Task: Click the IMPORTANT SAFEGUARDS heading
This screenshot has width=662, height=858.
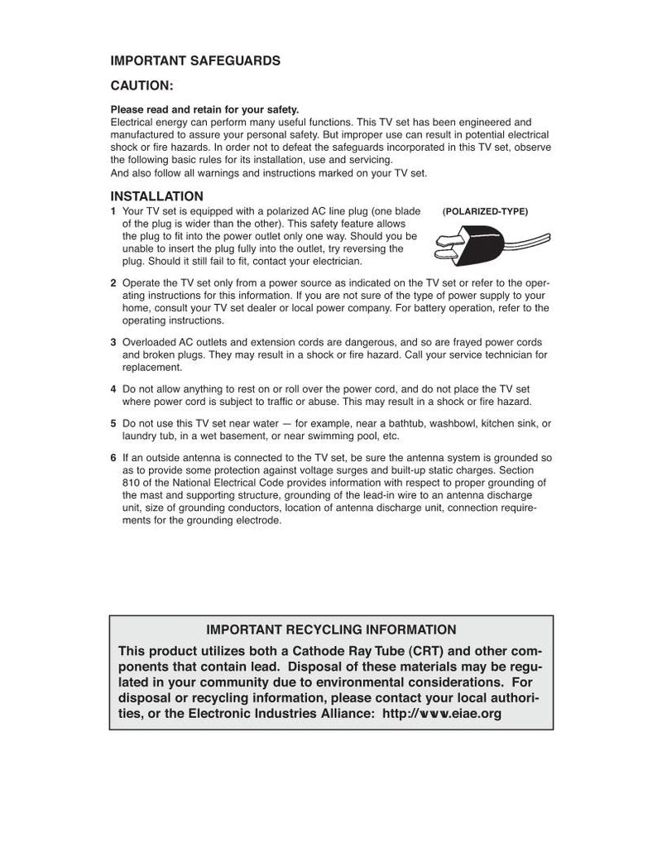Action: (195, 60)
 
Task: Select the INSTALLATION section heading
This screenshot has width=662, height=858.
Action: (157, 196)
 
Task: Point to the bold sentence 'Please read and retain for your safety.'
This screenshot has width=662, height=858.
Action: (204, 109)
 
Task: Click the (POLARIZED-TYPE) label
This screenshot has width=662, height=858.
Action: (485, 211)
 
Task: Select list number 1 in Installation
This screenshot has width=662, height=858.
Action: (113, 211)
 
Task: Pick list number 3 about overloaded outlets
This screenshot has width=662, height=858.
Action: (113, 342)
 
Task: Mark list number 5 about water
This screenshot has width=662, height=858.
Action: (113, 423)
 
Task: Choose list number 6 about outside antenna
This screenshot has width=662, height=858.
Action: (113, 458)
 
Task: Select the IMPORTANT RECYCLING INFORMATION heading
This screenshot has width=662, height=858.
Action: (331, 630)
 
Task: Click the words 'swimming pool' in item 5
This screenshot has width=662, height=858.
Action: (348, 436)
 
